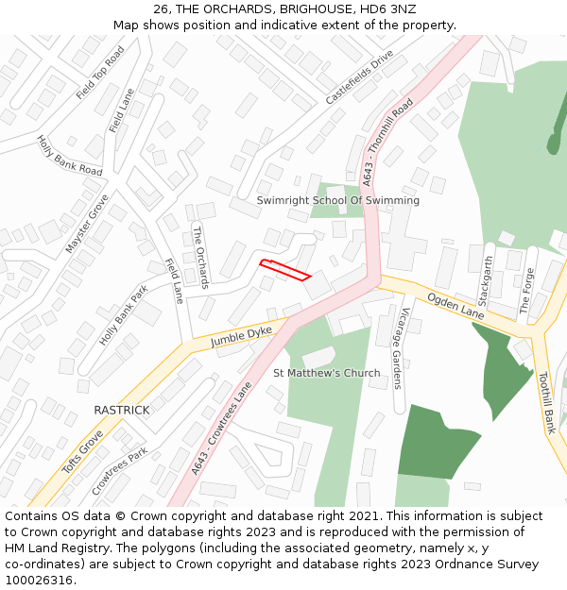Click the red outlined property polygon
(285, 269)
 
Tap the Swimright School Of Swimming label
(337, 201)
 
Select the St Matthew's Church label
(326, 373)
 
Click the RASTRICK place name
(121, 410)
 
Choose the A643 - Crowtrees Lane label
(222, 429)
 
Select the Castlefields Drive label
(359, 78)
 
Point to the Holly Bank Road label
(69, 156)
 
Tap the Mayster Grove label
(87, 224)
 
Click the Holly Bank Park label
(124, 314)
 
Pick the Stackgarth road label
(486, 281)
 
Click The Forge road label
(527, 291)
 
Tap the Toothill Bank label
(547, 402)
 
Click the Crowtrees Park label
(120, 471)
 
